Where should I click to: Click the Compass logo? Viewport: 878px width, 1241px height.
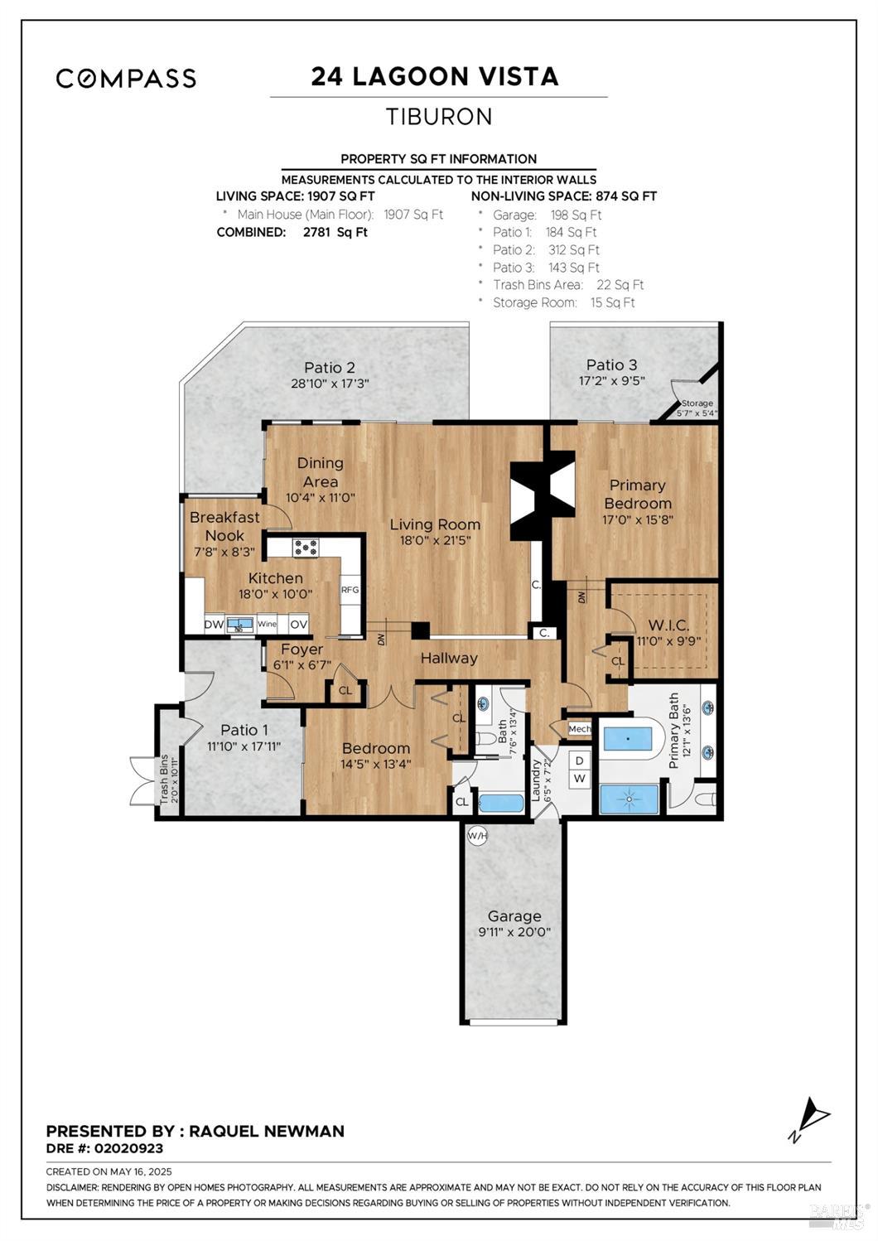pyautogui.click(x=126, y=78)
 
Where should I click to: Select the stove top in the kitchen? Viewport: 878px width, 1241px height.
pyautogui.click(x=305, y=548)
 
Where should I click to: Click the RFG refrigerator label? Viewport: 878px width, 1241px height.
pyautogui.click(x=350, y=590)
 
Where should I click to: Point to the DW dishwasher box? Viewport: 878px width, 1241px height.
pyautogui.click(x=214, y=625)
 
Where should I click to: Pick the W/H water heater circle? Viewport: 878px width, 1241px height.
pyautogui.click(x=477, y=835)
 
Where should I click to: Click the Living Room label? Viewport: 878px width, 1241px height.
pyautogui.click(x=435, y=524)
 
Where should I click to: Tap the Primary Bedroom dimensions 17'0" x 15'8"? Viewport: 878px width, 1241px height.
pyautogui.click(x=638, y=520)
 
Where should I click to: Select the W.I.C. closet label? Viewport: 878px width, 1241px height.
pyautogui.click(x=668, y=625)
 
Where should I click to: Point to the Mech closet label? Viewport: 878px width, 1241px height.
pyautogui.click(x=580, y=729)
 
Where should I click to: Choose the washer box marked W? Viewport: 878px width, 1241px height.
pyautogui.click(x=580, y=779)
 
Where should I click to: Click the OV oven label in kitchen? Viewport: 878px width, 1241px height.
pyautogui.click(x=298, y=625)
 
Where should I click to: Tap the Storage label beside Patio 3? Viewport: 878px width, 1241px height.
pyautogui.click(x=697, y=403)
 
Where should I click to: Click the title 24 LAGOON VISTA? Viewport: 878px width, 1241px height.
pyautogui.click(x=434, y=76)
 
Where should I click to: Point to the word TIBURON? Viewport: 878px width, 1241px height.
pyautogui.click(x=439, y=116)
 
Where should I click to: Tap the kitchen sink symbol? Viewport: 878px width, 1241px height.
pyautogui.click(x=239, y=625)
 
